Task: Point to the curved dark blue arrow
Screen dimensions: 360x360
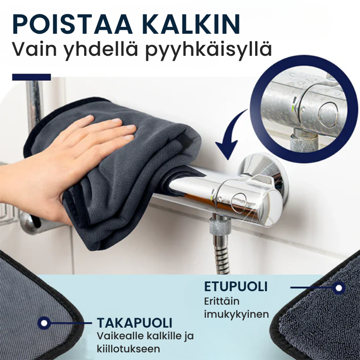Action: [232, 135]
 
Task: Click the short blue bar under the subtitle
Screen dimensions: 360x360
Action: [31, 77]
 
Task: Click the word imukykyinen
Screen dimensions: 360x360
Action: [237, 313]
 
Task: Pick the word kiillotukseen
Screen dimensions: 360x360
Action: [129, 349]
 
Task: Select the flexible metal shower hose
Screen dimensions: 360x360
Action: [221, 252]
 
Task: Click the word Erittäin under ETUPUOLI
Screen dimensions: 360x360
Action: [221, 301]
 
